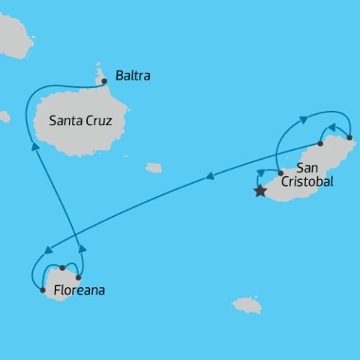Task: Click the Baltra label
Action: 133,76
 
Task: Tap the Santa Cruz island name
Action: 81,119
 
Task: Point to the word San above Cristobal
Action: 307,167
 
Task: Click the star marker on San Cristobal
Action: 260,191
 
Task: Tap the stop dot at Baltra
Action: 104,80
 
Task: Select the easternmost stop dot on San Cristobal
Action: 349,137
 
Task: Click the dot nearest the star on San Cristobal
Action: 280,172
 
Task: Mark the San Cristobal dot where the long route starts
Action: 320,143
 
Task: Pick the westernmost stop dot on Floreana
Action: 43,289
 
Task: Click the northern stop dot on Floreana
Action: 62,268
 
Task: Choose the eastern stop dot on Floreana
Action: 78,277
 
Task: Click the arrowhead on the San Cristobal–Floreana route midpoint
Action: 209,178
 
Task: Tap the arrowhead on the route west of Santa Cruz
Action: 34,147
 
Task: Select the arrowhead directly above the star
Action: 260,173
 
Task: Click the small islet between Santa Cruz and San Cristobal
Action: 154,168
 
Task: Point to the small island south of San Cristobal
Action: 247,304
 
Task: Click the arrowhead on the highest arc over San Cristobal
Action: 304,119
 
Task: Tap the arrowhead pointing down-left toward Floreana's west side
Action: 49,250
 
